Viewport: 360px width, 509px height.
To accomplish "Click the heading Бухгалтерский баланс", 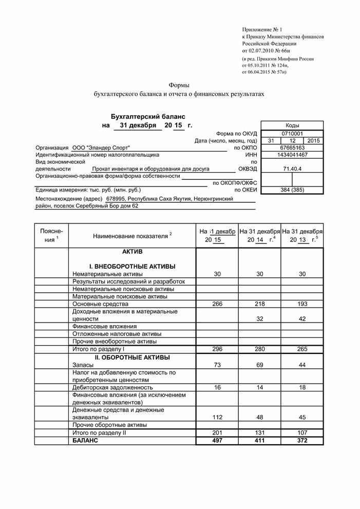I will point(148,117).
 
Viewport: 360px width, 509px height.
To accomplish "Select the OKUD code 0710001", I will point(292,134).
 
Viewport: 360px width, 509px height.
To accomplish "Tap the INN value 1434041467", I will point(292,155).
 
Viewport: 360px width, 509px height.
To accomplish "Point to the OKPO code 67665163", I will point(292,147).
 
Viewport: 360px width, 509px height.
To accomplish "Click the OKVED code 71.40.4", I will point(292,168).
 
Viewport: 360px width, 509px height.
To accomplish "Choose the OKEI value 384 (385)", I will point(292,190).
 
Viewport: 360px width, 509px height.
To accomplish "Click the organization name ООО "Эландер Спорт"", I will point(101,148).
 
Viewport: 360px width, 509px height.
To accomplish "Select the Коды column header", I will point(292,125).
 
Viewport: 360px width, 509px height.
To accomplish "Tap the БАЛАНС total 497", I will point(217,441).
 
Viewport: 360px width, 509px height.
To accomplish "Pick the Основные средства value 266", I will point(217,304).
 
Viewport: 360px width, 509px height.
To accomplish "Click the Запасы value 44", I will point(302,365).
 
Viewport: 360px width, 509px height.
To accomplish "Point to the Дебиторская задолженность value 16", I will point(217,387).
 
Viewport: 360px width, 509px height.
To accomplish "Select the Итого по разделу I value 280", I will point(259,349).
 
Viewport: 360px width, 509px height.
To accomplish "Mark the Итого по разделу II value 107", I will point(302,433).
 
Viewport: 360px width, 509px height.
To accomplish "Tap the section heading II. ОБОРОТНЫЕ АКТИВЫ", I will point(132,357).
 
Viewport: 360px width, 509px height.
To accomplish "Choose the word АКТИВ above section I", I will point(132,252).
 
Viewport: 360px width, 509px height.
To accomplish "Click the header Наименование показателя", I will point(130,236).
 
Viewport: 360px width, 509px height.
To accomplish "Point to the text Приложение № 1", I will point(262,31).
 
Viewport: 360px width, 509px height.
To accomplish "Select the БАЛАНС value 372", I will point(302,441).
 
